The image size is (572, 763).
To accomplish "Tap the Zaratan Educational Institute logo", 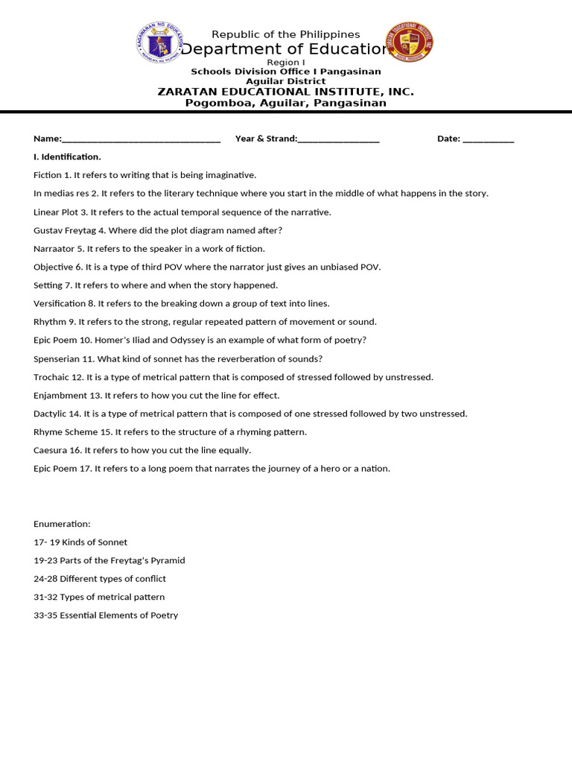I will pyautogui.click(x=409, y=42).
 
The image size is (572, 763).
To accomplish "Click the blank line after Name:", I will pyautogui.click(x=141, y=139).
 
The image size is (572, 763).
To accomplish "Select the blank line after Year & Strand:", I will pyautogui.click(x=338, y=139).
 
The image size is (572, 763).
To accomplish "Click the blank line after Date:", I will pyautogui.click(x=488, y=139).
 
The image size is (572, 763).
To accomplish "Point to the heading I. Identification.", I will pyautogui.click(x=67, y=157).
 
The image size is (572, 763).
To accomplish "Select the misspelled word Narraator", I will pyautogui.click(x=54, y=249).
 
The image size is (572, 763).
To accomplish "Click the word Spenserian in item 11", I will pyautogui.click(x=57, y=359).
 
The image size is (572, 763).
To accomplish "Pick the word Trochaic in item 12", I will pyautogui.click(x=52, y=377).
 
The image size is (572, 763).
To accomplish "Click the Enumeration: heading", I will pyautogui.click(x=62, y=525).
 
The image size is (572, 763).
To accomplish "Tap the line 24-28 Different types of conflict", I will pyautogui.click(x=100, y=579).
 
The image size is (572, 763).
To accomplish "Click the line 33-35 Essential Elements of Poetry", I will pyautogui.click(x=106, y=615).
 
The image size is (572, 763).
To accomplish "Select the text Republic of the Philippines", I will pyautogui.click(x=286, y=35).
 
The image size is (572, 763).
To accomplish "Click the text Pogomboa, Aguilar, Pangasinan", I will pyautogui.click(x=286, y=103).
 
